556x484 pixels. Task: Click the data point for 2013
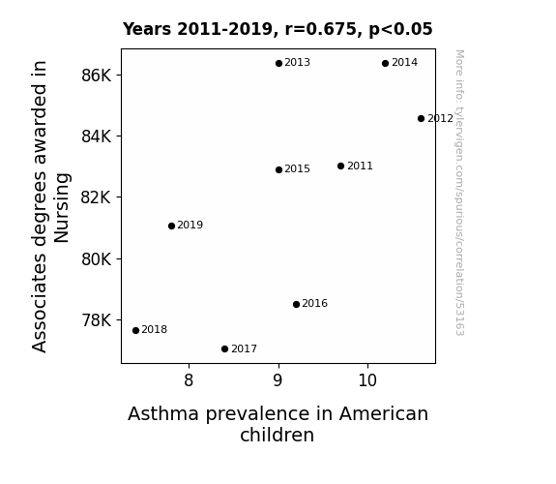278,63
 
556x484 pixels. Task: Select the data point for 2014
386,63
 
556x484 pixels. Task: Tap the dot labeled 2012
421,119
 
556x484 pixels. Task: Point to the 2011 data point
340,166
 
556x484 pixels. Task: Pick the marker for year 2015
278,169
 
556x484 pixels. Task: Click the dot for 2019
171,226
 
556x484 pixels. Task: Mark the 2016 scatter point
297,304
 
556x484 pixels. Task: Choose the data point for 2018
135,331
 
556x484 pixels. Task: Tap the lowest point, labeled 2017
224,349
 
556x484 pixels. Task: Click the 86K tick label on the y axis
97,76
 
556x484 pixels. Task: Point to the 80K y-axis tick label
97,259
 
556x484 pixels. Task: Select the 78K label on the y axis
97,320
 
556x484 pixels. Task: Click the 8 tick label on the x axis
189,380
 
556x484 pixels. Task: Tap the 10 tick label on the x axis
367,380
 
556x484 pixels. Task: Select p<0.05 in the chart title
400,29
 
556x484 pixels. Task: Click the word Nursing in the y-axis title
62,208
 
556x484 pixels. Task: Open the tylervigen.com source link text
459,193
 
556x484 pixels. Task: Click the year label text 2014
404,63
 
